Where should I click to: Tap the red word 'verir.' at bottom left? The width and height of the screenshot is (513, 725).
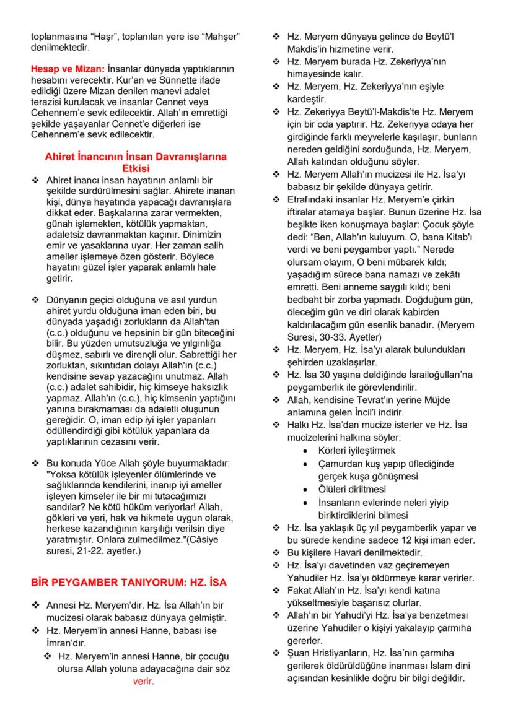[x=142, y=682]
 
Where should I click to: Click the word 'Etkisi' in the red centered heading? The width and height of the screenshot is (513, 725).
[x=136, y=167]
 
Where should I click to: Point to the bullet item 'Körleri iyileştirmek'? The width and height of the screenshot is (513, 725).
[x=356, y=450]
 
